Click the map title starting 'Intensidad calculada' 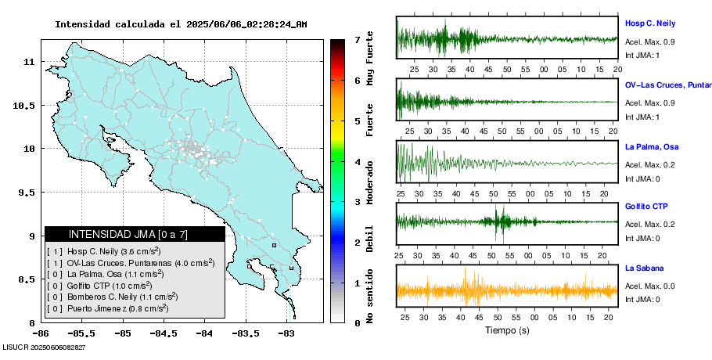tap(181, 24)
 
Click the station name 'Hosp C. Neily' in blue tap(649, 23)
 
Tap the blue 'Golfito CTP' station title tap(646, 207)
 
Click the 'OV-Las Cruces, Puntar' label tap(667, 85)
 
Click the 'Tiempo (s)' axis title tap(507, 331)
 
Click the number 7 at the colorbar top tap(357, 39)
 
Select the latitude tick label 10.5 tap(29, 105)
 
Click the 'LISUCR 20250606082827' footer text tap(45, 347)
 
